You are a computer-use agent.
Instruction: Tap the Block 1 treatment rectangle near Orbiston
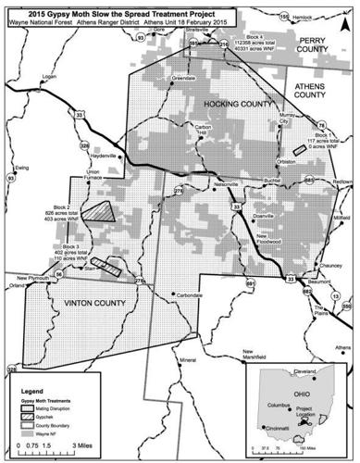coord(297,151)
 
